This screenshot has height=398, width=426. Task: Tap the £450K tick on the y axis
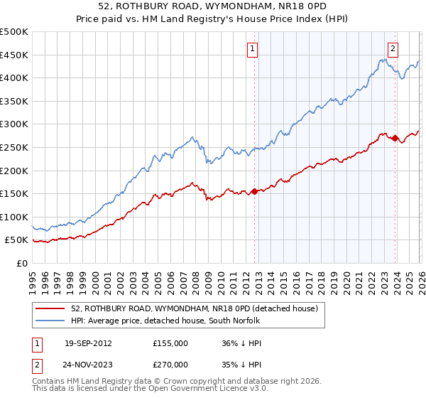click(14, 55)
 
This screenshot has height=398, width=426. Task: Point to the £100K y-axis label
click(14, 217)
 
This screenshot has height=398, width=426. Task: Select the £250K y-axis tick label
click(14, 147)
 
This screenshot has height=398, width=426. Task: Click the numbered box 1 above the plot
click(253, 49)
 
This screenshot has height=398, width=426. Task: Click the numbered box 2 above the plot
click(393, 49)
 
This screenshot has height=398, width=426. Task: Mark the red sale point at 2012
click(254, 191)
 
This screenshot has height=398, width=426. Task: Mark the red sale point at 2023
click(394, 138)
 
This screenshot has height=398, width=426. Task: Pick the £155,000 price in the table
click(170, 343)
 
